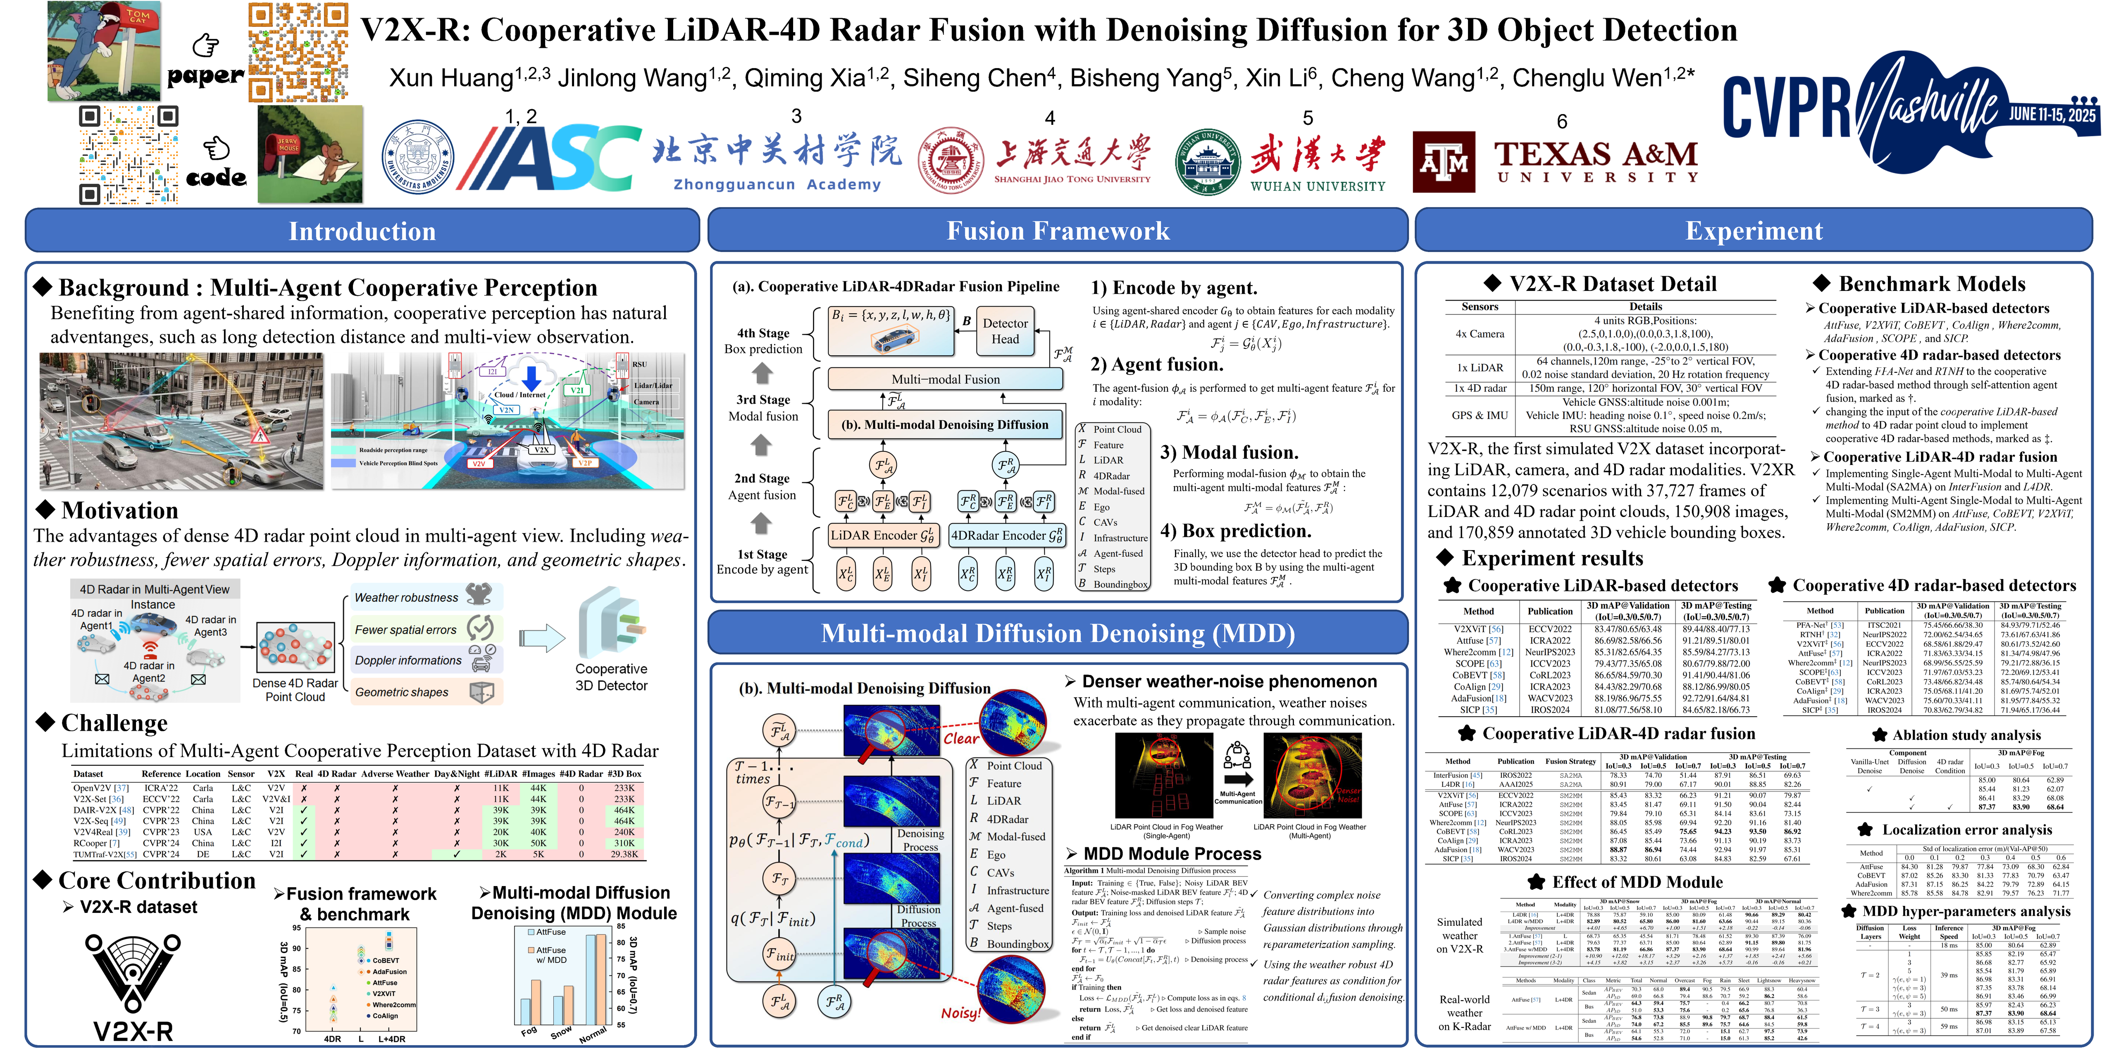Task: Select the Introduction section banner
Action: [x=362, y=231]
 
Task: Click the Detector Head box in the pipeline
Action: [x=1005, y=331]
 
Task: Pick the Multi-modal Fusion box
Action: [x=946, y=379]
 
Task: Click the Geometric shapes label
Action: [x=402, y=692]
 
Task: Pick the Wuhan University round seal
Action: [x=1207, y=162]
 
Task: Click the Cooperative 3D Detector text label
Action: [x=611, y=677]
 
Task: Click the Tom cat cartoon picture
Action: [x=104, y=51]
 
